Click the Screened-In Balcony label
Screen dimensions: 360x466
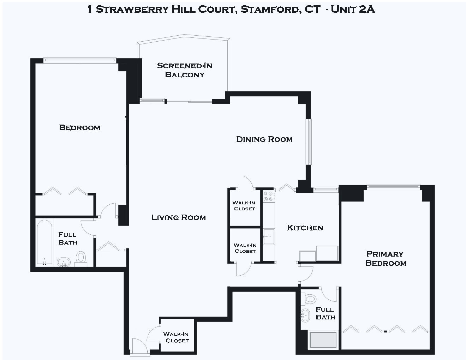(x=185, y=70)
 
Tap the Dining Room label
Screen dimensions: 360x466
(x=264, y=139)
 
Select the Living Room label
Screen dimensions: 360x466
(x=178, y=217)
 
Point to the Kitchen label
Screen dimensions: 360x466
(x=305, y=228)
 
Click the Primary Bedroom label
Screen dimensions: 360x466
(x=386, y=258)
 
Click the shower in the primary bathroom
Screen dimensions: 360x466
(x=323, y=340)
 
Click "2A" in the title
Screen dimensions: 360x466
(x=366, y=9)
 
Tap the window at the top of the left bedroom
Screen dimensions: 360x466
(x=79, y=60)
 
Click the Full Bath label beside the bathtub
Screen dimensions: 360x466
(x=67, y=238)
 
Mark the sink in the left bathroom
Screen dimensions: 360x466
(x=64, y=263)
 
